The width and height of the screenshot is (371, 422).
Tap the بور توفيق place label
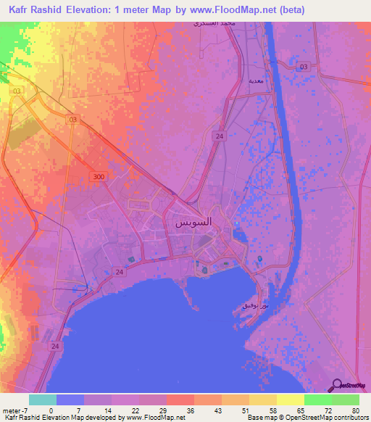click(x=254, y=306)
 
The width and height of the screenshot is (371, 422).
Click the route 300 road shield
click(x=99, y=177)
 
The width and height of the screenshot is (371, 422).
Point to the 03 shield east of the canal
click(x=304, y=67)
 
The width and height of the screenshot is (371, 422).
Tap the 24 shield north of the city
click(x=218, y=136)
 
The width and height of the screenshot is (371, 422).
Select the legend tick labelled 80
click(x=355, y=411)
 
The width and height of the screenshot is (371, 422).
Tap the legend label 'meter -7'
click(x=16, y=411)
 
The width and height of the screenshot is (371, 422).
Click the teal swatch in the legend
click(x=43, y=400)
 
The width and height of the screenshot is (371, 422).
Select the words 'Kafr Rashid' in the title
click(x=37, y=10)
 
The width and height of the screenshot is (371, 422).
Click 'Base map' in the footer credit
click(x=258, y=418)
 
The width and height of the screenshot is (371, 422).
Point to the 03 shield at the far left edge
click(x=17, y=91)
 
